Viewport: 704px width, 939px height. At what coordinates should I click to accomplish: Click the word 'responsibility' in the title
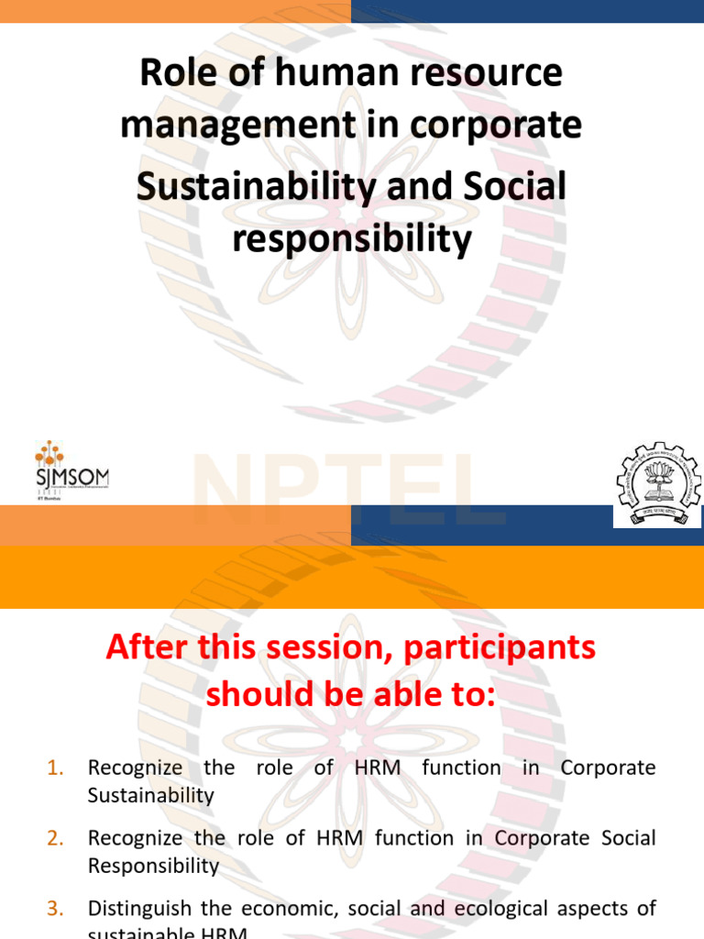click(352, 239)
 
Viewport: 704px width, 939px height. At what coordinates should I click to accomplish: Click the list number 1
click(54, 768)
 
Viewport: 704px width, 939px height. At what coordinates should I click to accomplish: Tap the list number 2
click(54, 838)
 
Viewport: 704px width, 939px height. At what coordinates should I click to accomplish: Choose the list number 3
click(54, 909)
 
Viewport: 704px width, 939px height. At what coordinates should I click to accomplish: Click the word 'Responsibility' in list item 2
click(153, 866)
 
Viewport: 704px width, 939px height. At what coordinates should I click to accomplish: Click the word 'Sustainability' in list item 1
click(150, 795)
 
